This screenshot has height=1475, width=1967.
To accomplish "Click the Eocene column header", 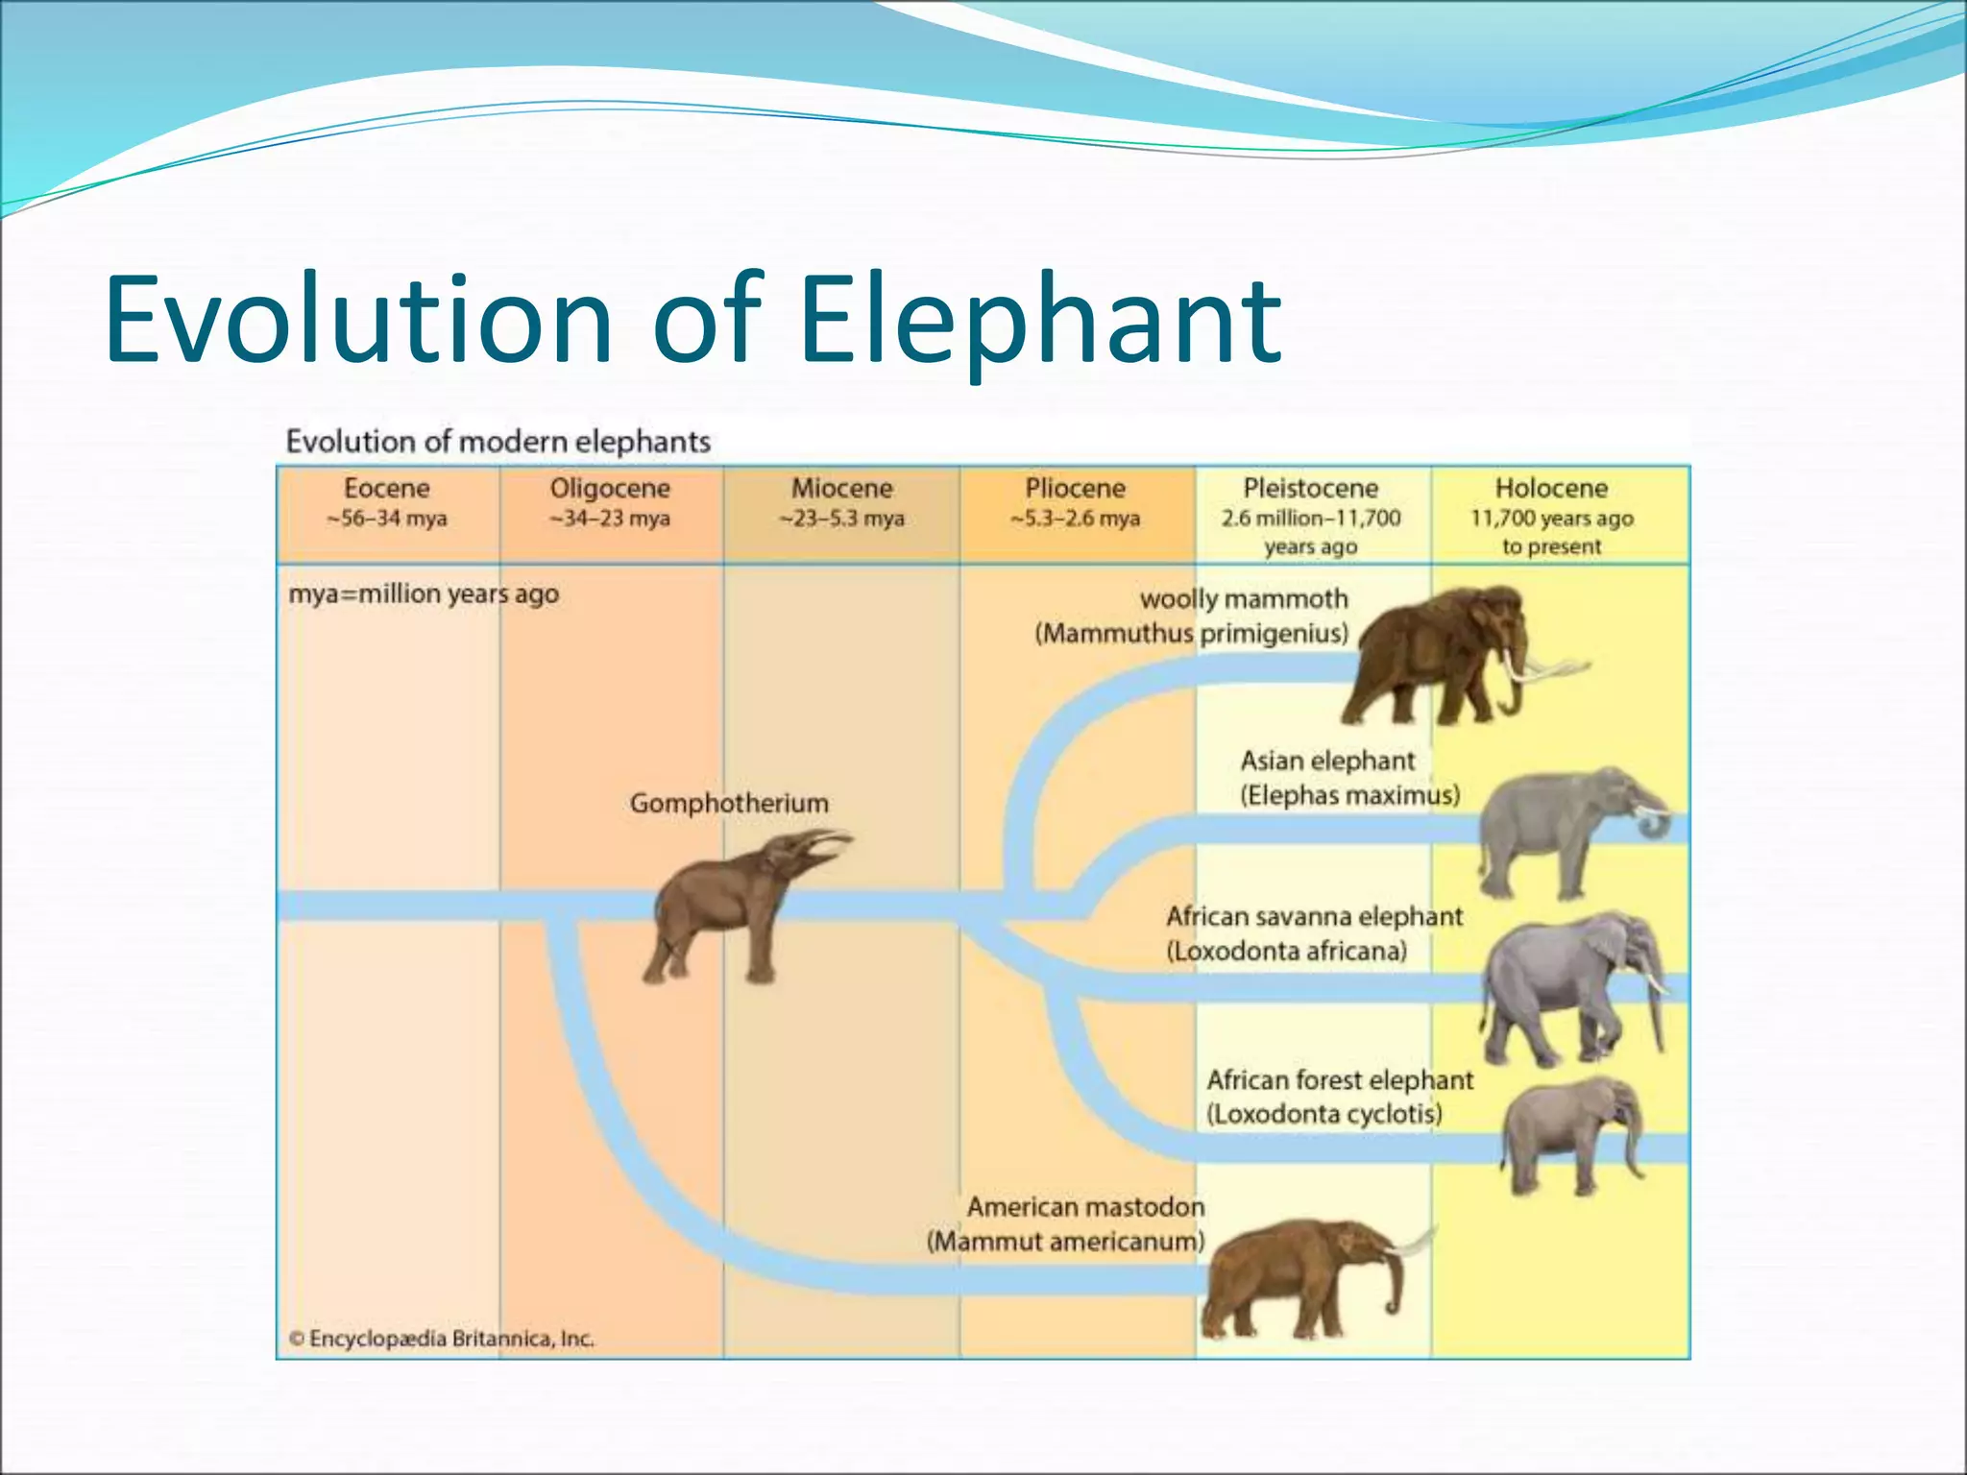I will tap(387, 489).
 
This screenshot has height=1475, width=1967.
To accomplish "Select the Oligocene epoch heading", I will tap(610, 489).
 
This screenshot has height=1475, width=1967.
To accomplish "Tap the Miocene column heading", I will tap(841, 489).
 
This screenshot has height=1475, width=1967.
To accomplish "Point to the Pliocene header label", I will tap(1075, 489).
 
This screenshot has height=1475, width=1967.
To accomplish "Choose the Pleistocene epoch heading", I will tap(1311, 489).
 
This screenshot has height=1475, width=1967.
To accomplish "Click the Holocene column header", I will tap(1551, 489).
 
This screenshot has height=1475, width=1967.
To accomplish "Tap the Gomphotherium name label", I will tap(729, 803).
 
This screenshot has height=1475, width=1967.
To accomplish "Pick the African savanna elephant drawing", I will tap(1566, 989).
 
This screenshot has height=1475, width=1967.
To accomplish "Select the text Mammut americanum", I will tap(1065, 1242).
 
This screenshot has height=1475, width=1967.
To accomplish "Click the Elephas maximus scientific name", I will tap(1349, 796).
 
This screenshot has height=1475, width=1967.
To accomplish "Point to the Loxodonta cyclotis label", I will tap(1324, 1114).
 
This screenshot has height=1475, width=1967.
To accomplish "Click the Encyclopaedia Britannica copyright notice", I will tap(442, 1339).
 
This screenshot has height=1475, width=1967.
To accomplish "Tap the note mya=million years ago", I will tap(424, 594).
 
